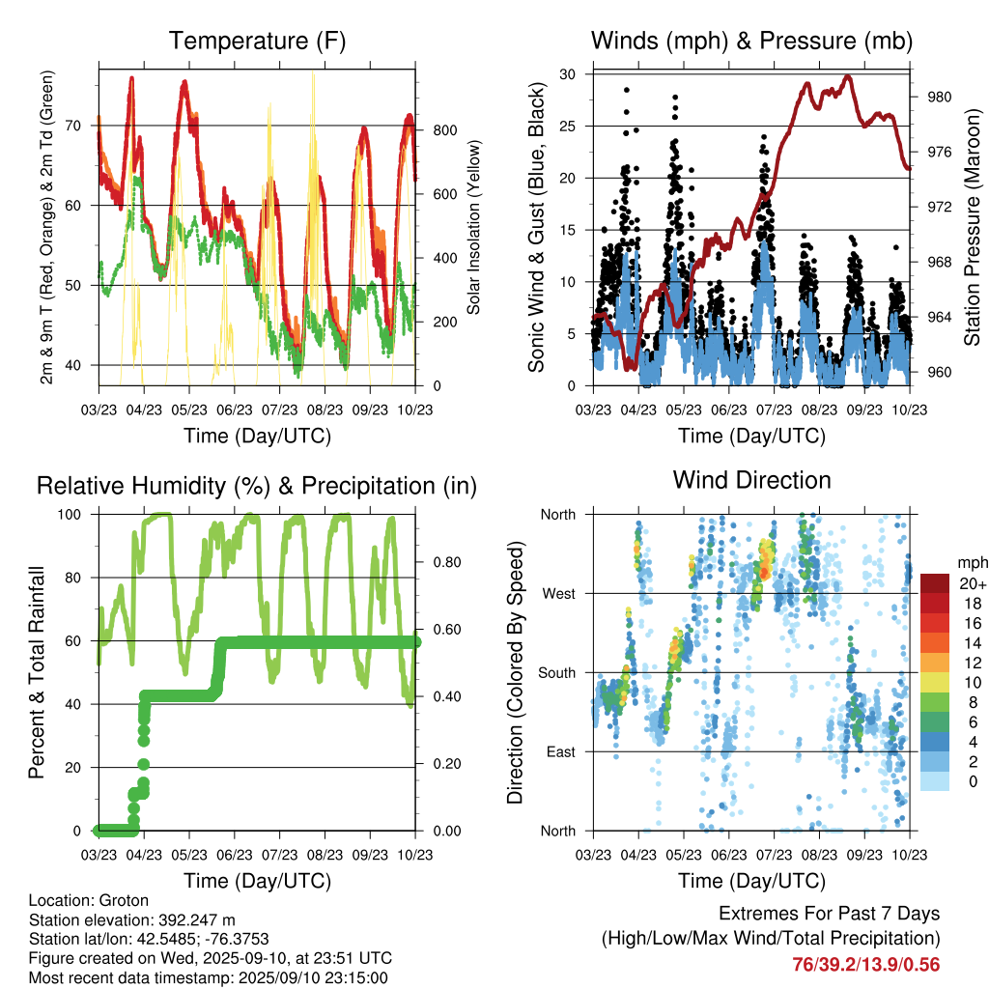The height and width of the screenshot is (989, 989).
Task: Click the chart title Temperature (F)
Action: point(257,42)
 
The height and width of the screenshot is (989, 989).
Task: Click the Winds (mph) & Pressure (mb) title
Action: point(751,42)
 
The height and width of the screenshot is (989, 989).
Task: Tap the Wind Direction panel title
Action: point(751,480)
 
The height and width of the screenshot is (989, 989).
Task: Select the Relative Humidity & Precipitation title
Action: point(257,486)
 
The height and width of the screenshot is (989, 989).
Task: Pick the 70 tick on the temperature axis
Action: point(82,126)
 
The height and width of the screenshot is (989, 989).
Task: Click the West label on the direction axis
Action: point(557,593)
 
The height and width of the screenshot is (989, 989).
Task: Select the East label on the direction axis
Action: point(559,751)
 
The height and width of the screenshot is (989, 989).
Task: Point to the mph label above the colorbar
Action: point(970,562)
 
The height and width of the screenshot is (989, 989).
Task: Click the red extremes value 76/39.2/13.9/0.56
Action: point(865,964)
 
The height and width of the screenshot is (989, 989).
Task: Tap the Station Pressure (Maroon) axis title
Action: point(972,226)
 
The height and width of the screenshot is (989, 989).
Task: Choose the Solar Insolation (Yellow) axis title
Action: point(474,226)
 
